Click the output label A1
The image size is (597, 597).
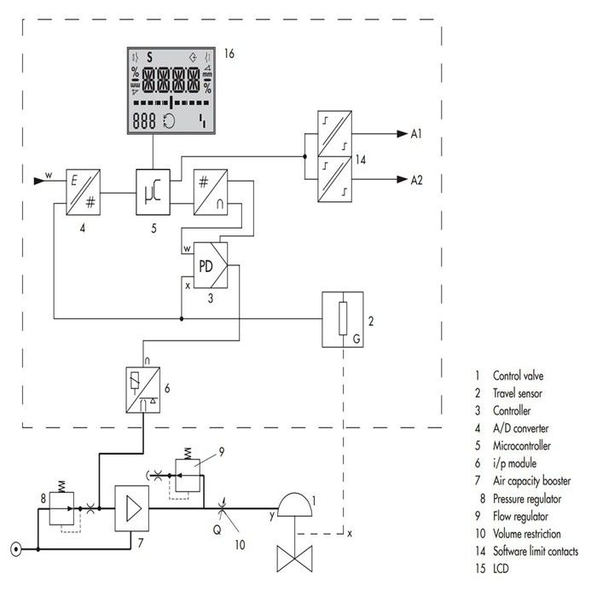[418, 134]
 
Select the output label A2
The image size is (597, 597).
[418, 180]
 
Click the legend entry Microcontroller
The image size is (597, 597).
[521, 445]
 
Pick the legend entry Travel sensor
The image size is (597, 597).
[517, 392]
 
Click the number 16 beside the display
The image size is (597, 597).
[229, 54]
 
